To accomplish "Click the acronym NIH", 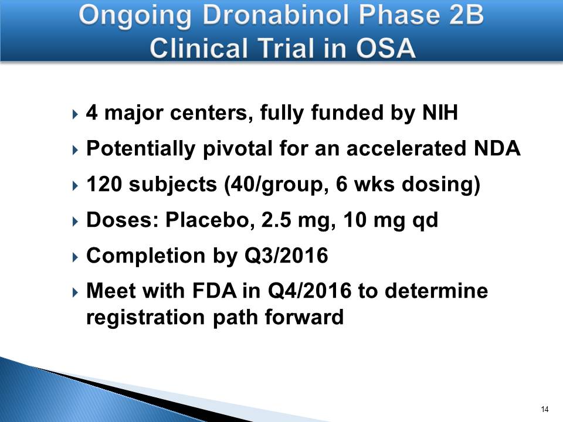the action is pyautogui.click(x=440, y=113).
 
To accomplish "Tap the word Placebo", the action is pyautogui.click(x=207, y=220).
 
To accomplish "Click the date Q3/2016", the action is pyautogui.click(x=286, y=256).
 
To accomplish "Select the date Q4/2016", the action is pyautogui.click(x=310, y=291).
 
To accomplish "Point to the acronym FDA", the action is pyautogui.click(x=215, y=291).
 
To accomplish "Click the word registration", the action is pyautogui.click(x=146, y=318).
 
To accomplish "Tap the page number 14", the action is pyautogui.click(x=544, y=409).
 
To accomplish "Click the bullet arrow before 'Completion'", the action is pyautogui.click(x=74, y=257).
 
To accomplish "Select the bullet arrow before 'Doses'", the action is pyautogui.click(x=74, y=222).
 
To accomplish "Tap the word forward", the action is pyautogui.click(x=304, y=317).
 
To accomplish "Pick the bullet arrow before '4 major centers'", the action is pyautogui.click(x=74, y=114).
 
